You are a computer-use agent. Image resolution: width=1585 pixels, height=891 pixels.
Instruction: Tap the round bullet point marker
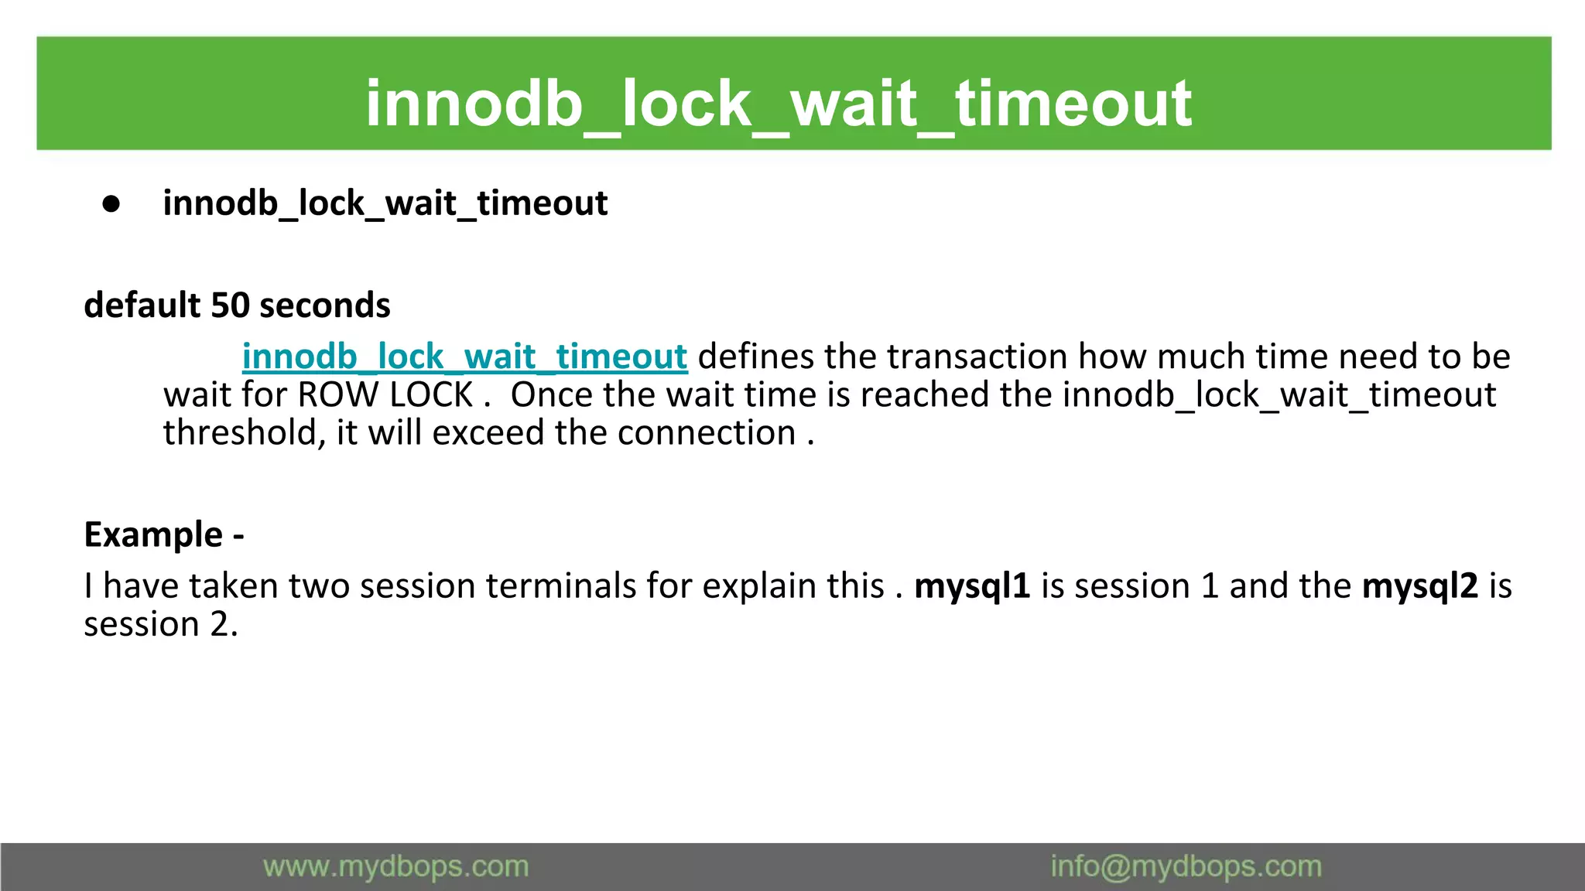tap(111, 203)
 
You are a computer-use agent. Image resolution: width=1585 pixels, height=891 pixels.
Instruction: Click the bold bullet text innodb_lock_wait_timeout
tap(385, 203)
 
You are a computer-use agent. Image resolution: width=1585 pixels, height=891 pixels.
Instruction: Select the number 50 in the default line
tap(230, 305)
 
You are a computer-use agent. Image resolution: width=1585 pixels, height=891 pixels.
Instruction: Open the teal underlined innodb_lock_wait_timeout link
tap(464, 357)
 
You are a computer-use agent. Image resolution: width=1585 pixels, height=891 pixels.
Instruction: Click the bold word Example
tap(153, 534)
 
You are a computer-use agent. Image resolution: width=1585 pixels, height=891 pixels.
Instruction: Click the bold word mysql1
tap(972, 585)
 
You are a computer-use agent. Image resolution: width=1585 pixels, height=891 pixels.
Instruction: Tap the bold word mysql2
tap(1419, 585)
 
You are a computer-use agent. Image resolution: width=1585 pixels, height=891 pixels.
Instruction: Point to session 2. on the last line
tap(161, 623)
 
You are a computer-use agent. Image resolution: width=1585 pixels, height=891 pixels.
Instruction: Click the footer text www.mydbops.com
tap(395, 866)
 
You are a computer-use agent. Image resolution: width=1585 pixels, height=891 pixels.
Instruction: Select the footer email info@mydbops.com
tap(1186, 866)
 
